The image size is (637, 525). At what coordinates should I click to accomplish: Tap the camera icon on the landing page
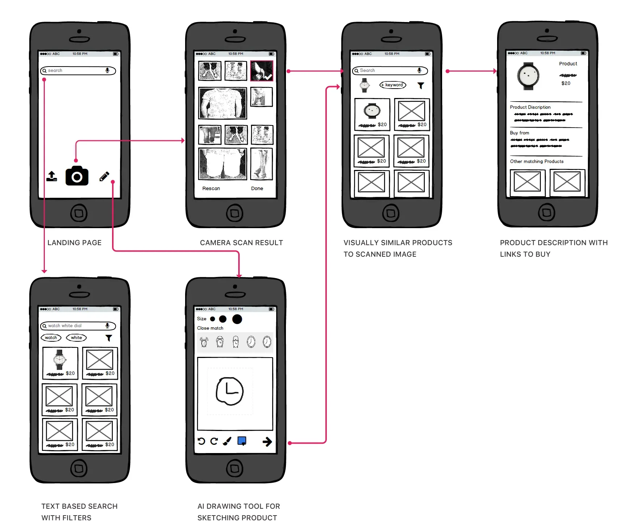pyautogui.click(x=77, y=176)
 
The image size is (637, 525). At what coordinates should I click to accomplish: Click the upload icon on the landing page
pyautogui.click(x=52, y=176)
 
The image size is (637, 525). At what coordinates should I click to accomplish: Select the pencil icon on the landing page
pyautogui.click(x=104, y=176)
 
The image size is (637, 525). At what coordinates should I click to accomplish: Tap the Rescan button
pyautogui.click(x=211, y=188)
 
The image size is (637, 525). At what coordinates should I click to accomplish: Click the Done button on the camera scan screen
pyautogui.click(x=257, y=188)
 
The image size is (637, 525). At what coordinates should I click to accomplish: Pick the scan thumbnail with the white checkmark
pyautogui.click(x=262, y=71)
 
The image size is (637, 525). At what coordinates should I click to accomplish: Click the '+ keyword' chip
pyautogui.click(x=393, y=85)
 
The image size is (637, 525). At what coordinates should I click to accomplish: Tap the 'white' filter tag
pyautogui.click(x=76, y=338)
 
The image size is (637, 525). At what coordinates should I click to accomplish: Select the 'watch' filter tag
pyautogui.click(x=51, y=338)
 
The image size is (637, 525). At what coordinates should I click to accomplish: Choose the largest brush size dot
pyautogui.click(x=237, y=319)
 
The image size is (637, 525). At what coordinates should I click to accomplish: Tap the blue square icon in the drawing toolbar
pyautogui.click(x=242, y=441)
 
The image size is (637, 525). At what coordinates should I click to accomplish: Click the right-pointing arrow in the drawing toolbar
pyautogui.click(x=267, y=441)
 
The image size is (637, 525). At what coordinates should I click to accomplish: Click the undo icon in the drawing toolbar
pyautogui.click(x=201, y=441)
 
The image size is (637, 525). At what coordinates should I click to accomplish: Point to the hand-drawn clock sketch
pyautogui.click(x=230, y=391)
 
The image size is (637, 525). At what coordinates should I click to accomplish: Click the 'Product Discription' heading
pyautogui.click(x=530, y=107)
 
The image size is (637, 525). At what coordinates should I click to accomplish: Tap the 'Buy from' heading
pyautogui.click(x=520, y=133)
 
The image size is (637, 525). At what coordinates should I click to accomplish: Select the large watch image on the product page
pyautogui.click(x=528, y=76)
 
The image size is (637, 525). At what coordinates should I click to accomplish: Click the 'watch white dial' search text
pyautogui.click(x=65, y=326)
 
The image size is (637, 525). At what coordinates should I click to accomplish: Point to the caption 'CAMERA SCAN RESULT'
pyautogui.click(x=241, y=243)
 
